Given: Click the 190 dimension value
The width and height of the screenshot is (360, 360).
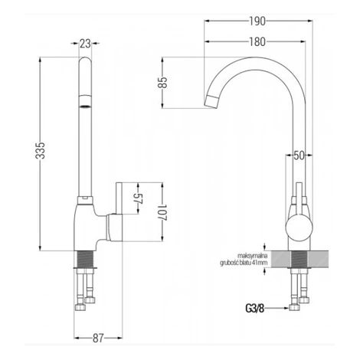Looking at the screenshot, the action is pos(257,21).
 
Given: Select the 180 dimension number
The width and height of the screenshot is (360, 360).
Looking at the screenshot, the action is pos(257,42).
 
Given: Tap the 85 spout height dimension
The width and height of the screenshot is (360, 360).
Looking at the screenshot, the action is pos(162,82).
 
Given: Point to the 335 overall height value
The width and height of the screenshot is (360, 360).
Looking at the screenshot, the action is pos(40,151).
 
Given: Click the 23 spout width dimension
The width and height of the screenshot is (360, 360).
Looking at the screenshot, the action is pos(85,44).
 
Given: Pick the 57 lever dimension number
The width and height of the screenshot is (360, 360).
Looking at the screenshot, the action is pos(138,198).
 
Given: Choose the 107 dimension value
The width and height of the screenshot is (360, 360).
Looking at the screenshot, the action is pos(162,212).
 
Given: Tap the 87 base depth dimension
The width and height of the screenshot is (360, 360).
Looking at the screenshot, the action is pos(98,339).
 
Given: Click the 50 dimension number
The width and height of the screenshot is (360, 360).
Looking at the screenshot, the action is pos(299,155).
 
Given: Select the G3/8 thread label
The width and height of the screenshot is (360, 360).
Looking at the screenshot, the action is pos(255,309).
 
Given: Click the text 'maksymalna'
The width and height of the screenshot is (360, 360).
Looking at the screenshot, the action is pos(253,256).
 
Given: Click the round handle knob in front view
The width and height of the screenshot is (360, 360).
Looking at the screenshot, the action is pos(299,227).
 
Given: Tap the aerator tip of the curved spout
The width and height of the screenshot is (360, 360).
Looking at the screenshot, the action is pos(211,101).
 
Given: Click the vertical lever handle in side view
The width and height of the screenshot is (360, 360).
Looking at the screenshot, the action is pos(119,198).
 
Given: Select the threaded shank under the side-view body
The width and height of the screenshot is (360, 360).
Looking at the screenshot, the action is pos(85,259).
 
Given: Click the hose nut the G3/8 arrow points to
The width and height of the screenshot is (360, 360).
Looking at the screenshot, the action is pos(294,307).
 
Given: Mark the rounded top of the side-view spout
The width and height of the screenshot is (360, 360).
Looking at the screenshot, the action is pos(85,61).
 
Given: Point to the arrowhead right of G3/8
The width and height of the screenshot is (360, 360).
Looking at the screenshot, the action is pos(286,308).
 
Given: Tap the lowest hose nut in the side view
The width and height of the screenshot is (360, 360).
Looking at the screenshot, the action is pos(80,307).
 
